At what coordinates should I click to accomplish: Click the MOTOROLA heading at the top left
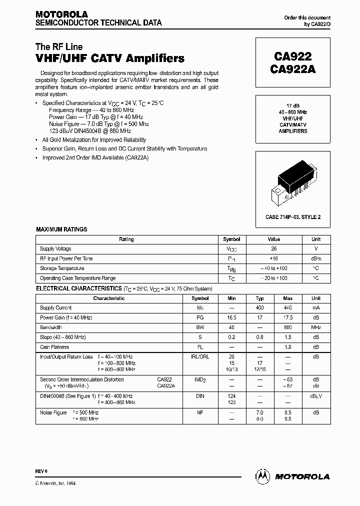[x=61, y=14]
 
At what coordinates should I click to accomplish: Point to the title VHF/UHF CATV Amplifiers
[x=110, y=58]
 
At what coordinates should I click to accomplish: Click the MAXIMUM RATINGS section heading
[x=61, y=229]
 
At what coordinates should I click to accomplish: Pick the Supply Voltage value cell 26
[x=273, y=249]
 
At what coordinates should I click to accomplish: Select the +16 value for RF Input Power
[x=273, y=258]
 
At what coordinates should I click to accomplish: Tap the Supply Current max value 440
[x=287, y=308]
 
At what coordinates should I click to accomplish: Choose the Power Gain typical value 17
[x=260, y=318]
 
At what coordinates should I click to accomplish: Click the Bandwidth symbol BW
[x=200, y=327]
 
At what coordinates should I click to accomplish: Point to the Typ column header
[x=260, y=298]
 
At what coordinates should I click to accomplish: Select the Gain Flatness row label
[x=54, y=347]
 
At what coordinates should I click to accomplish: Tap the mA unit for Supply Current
[x=316, y=308]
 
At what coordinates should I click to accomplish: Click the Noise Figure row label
[x=53, y=412]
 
